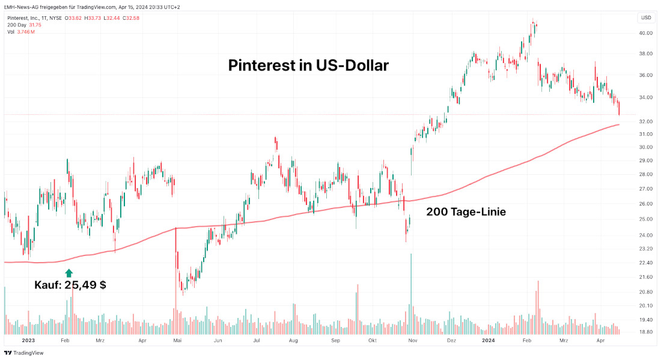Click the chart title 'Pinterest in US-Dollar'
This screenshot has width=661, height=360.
point(308,65)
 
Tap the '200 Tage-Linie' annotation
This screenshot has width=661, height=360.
point(466,212)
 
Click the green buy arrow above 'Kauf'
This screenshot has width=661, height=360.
point(69,273)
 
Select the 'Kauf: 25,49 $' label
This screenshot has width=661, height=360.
point(70,285)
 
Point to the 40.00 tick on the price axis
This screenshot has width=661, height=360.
point(646,34)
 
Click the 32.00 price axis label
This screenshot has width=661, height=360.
point(646,121)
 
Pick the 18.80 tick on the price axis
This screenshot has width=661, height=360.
point(646,332)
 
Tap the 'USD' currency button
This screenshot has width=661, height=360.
point(646,17)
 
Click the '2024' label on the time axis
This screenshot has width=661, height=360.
point(489,340)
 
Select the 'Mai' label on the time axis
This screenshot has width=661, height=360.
point(177,340)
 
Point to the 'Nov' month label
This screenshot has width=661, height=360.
point(412,340)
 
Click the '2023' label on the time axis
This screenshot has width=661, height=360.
point(29,340)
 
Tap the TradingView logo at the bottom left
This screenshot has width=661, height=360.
point(24,353)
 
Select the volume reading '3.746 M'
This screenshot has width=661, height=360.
point(25,31)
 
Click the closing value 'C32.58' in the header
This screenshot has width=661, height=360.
point(131,18)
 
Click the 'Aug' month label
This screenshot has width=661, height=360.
point(293,340)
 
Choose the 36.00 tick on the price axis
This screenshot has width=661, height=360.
point(646,75)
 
